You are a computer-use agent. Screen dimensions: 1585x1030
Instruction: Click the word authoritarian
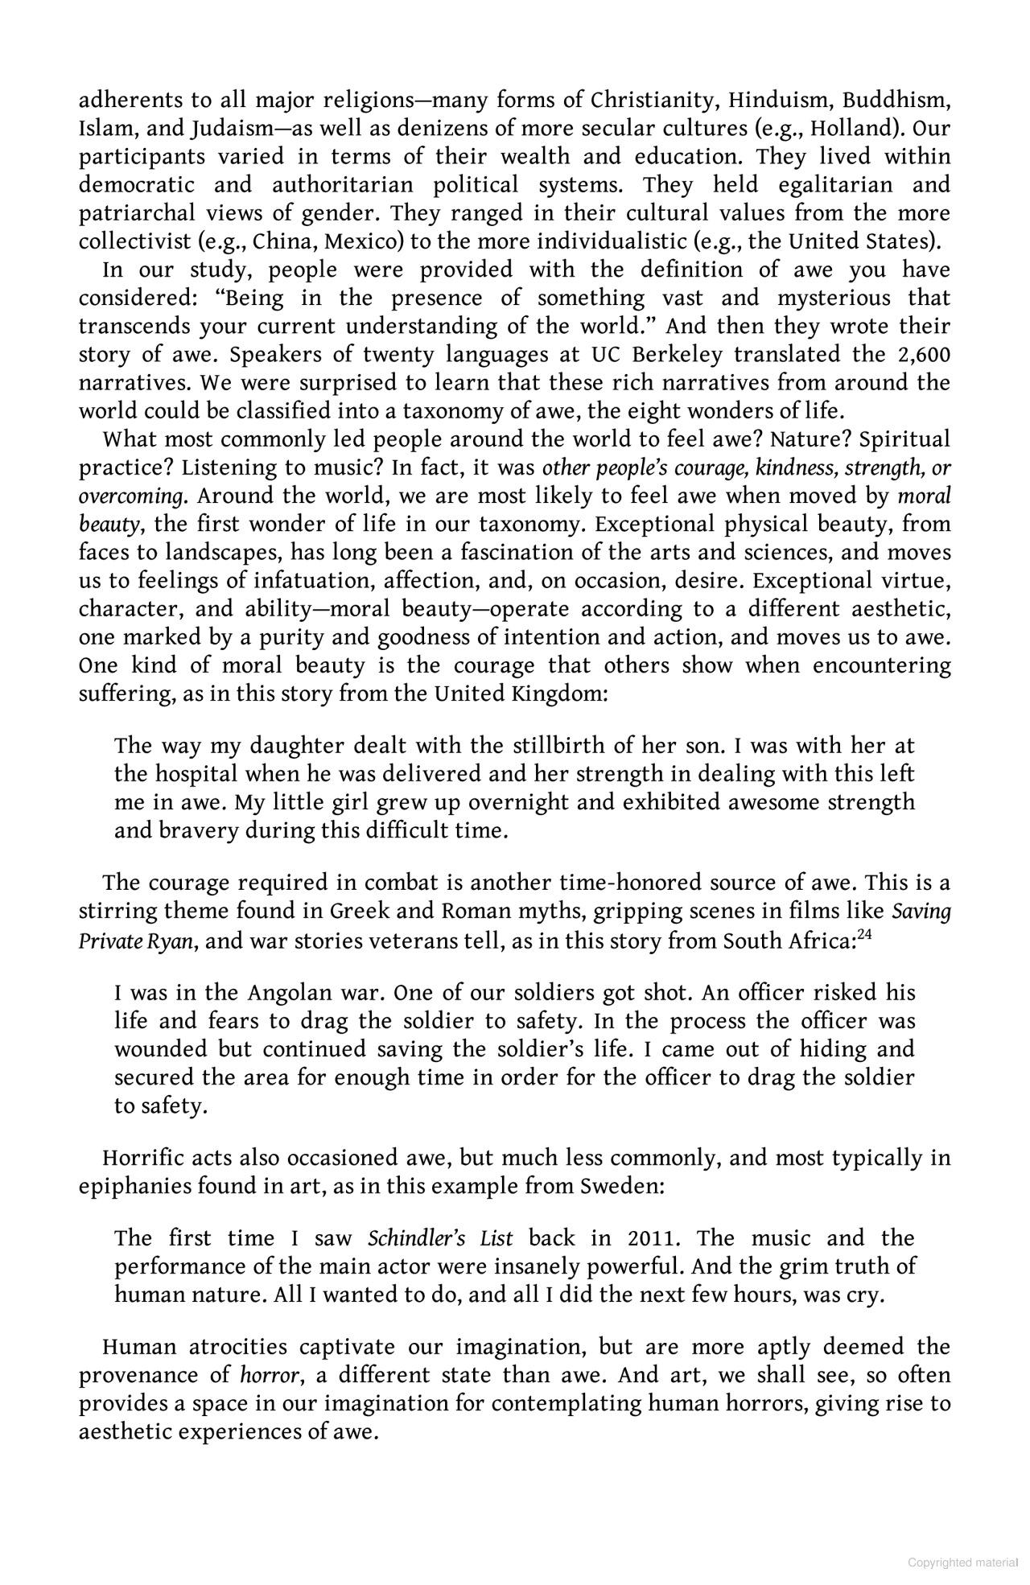[343, 185]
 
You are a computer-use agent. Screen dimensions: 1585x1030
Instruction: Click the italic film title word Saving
[921, 912]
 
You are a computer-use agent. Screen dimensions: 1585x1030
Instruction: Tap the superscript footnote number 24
[866, 934]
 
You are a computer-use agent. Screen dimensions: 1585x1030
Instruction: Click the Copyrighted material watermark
[962, 1562]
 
